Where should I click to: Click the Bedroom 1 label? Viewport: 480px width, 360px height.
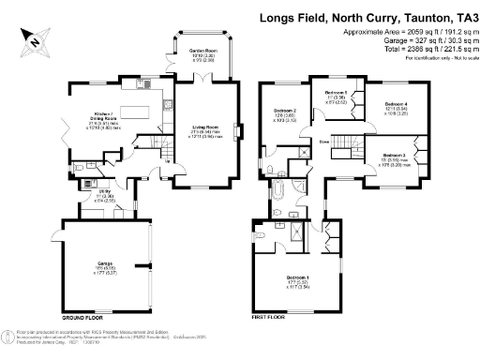(x=297, y=278)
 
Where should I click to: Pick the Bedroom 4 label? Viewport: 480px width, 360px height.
(x=398, y=104)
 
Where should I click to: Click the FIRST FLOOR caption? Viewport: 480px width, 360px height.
(x=271, y=319)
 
